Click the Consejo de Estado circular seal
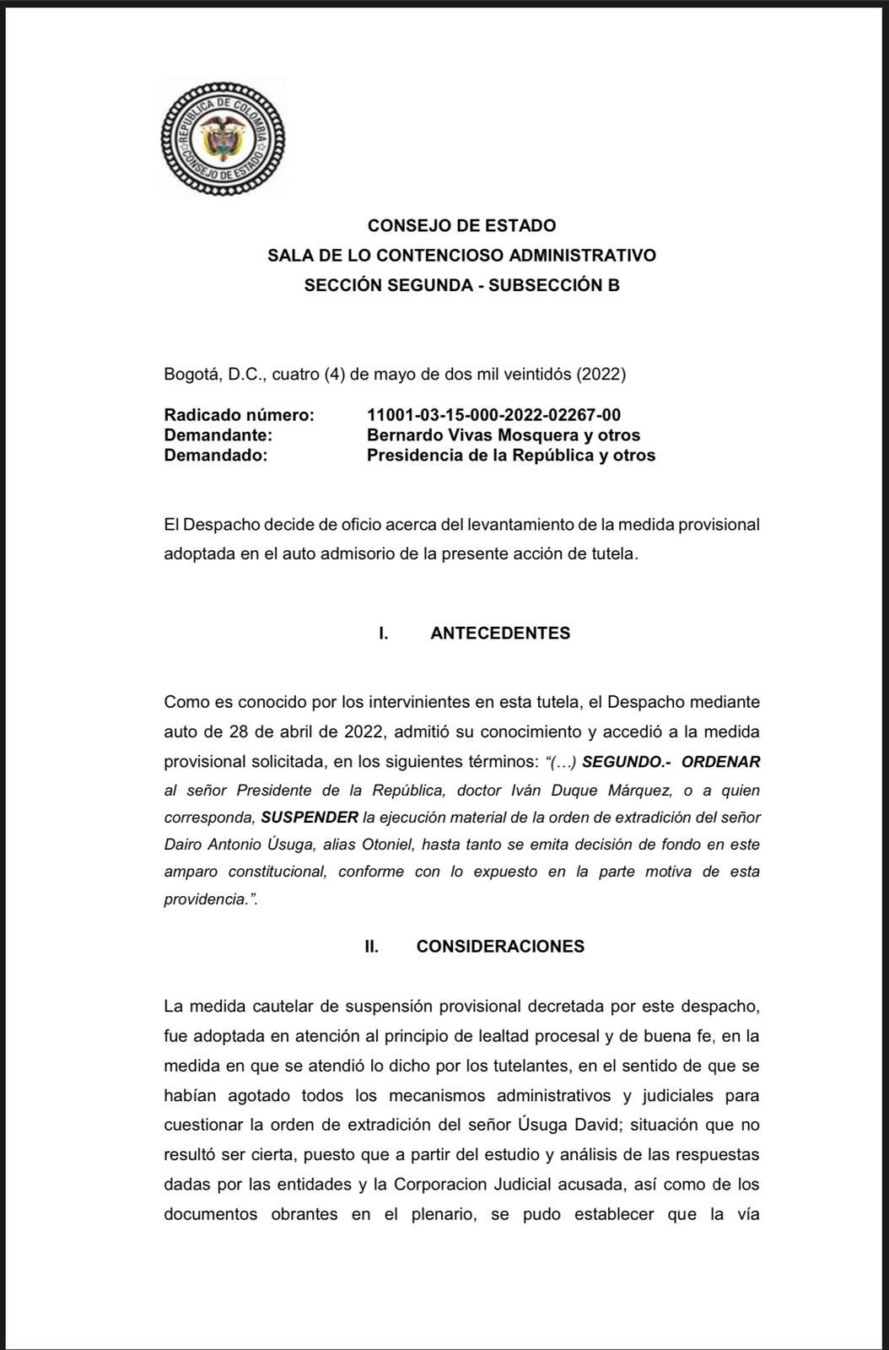pyautogui.click(x=223, y=138)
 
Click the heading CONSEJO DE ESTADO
pyautogui.click(x=461, y=225)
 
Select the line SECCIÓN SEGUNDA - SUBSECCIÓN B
pyautogui.click(x=461, y=285)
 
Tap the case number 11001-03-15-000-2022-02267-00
pyautogui.click(x=493, y=414)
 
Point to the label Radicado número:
pyautogui.click(x=239, y=414)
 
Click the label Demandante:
pyautogui.click(x=218, y=435)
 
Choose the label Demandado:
pyautogui.click(x=215, y=455)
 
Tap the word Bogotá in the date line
pyautogui.click(x=191, y=373)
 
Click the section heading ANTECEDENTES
pyautogui.click(x=500, y=633)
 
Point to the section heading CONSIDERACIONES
pyautogui.click(x=500, y=946)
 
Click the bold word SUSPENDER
pyautogui.click(x=310, y=817)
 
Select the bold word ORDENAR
pyautogui.click(x=720, y=762)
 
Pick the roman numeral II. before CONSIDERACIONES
pyautogui.click(x=371, y=946)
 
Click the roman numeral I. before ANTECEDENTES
pyautogui.click(x=384, y=633)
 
